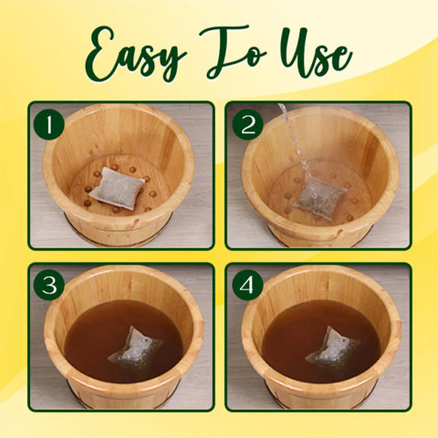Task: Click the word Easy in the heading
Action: coord(136,57)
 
